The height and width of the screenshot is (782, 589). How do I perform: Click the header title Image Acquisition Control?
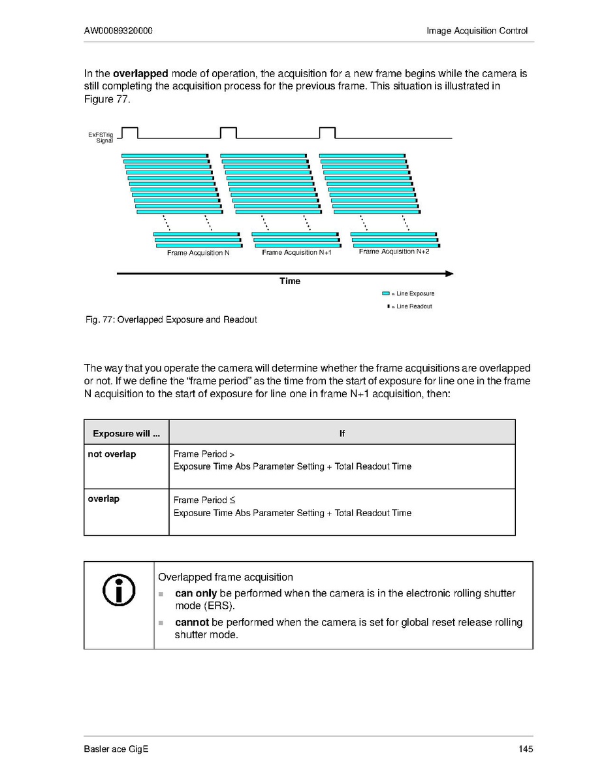pos(477,31)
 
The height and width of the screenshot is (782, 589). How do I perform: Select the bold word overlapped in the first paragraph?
pos(140,74)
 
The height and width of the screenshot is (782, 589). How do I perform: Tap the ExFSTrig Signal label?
pos(101,137)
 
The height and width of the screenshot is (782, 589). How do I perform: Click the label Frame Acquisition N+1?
pos(296,253)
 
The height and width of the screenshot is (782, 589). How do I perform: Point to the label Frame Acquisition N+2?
pos(394,252)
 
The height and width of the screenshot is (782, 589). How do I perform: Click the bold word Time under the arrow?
pos(290,281)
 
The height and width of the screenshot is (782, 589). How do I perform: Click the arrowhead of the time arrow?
pos(449,273)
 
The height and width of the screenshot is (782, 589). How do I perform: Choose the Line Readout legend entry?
pos(410,306)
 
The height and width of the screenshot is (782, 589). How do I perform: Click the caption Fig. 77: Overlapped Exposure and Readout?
pos(171,319)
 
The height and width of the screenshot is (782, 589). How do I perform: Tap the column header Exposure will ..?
pos(126,433)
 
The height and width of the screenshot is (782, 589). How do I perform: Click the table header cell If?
pos(342,433)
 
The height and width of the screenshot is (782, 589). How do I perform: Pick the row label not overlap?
pos(112,454)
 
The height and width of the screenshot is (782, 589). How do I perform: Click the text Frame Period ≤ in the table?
pos(200,500)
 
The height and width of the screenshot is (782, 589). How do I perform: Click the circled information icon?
pos(119,590)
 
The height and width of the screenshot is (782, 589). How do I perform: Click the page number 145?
pos(526,749)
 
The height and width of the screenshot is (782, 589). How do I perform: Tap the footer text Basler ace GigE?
pos(116,749)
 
